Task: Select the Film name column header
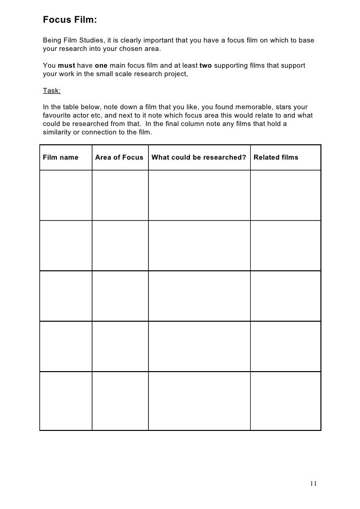pyautogui.click(x=61, y=158)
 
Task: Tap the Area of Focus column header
pyautogui.click(x=119, y=158)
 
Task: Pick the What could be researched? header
pyautogui.click(x=199, y=158)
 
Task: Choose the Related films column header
pyautogui.click(x=276, y=158)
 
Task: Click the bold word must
pyautogui.click(x=66, y=66)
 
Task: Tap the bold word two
pyautogui.click(x=206, y=66)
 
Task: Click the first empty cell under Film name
pyautogui.click(x=66, y=195)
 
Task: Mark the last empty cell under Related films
pyautogui.click(x=285, y=401)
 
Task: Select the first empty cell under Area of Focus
pyautogui.click(x=120, y=195)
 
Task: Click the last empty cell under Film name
pyautogui.click(x=66, y=401)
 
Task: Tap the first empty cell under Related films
pyautogui.click(x=285, y=195)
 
